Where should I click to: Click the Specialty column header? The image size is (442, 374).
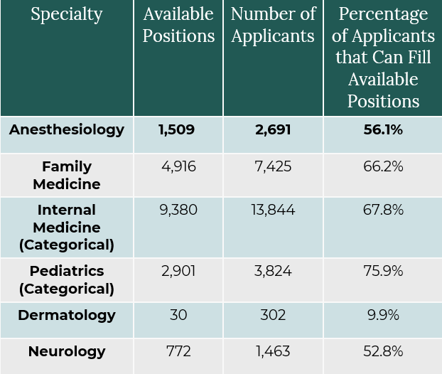click(66, 14)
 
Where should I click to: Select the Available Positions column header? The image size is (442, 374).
click(178, 25)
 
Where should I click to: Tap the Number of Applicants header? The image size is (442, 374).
click(273, 25)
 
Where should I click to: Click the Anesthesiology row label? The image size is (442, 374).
click(66, 129)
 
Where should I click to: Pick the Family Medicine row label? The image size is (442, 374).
click(66, 175)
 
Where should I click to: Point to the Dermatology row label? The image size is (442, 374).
click(66, 314)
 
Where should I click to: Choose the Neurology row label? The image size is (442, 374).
click(66, 351)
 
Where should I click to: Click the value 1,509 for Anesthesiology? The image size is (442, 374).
click(176, 129)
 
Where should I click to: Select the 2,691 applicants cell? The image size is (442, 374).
click(273, 129)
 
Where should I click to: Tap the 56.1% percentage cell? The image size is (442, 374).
click(383, 129)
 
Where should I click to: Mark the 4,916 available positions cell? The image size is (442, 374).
click(178, 166)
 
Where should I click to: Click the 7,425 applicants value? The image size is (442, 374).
click(273, 166)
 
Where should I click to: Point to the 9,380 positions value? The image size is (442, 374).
click(178, 210)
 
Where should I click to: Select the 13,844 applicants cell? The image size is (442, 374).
click(273, 210)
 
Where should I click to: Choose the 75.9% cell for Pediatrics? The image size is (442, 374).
click(383, 271)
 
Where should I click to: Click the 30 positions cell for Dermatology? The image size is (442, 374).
click(178, 314)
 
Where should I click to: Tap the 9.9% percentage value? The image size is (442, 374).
click(383, 314)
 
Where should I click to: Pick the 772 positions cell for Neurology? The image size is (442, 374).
click(178, 351)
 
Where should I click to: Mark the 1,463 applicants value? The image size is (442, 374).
click(273, 351)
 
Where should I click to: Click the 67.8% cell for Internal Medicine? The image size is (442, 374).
click(383, 210)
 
